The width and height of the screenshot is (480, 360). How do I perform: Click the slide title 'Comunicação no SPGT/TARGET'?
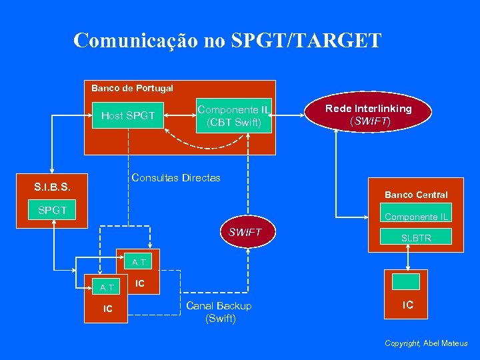pyautogui.click(x=227, y=41)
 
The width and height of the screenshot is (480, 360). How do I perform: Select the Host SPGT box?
pyautogui.click(x=128, y=116)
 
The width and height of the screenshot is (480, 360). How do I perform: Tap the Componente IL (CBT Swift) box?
pyautogui.click(x=234, y=116)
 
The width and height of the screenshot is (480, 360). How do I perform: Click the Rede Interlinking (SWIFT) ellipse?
pyautogui.click(x=368, y=114)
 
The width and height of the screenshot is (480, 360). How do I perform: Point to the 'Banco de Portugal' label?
pyautogui.click(x=132, y=88)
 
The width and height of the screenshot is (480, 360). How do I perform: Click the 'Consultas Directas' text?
pyautogui.click(x=176, y=178)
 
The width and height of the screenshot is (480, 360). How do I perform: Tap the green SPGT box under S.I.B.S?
pyautogui.click(x=52, y=210)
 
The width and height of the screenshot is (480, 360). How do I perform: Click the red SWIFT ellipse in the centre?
pyautogui.click(x=245, y=233)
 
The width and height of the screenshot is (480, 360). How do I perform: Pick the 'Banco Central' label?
pyautogui.click(x=416, y=195)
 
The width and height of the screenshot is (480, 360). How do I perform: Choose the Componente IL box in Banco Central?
pyautogui.click(x=416, y=217)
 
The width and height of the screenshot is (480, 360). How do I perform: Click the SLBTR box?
pyautogui.click(x=416, y=237)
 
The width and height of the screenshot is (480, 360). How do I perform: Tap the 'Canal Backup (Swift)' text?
pyautogui.click(x=219, y=312)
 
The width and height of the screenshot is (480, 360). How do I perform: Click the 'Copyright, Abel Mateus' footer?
pyautogui.click(x=426, y=343)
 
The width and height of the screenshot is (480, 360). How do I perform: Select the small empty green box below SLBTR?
pyautogui.click(x=406, y=281)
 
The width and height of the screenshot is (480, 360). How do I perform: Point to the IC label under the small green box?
pyautogui.click(x=407, y=305)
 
